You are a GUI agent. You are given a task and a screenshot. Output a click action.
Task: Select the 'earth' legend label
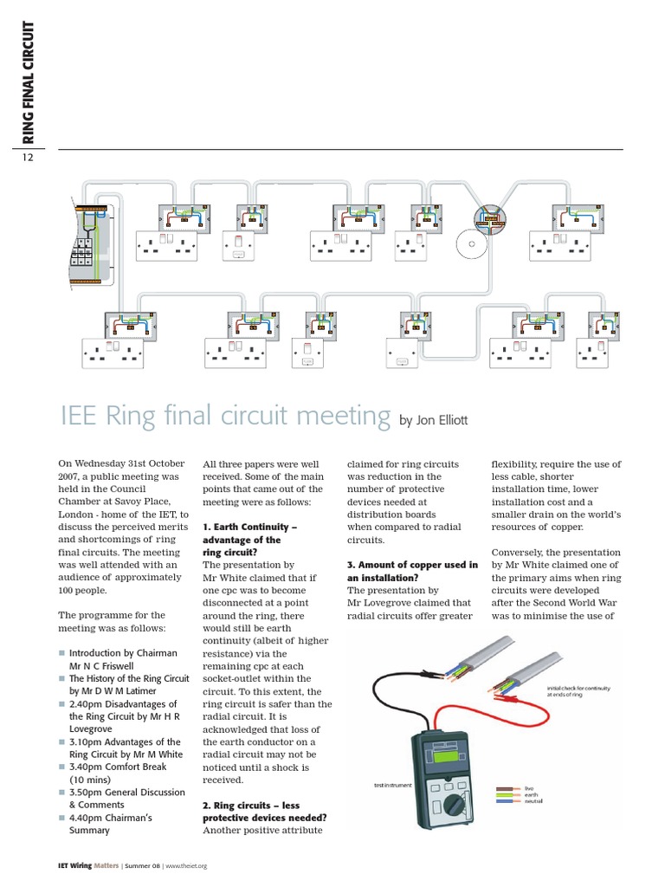pos(530,796)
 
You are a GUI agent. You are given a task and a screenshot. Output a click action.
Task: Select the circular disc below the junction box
pos(468,249)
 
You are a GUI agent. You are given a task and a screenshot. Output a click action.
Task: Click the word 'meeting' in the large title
pos(340,416)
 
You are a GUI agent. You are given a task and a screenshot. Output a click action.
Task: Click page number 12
pos(28,158)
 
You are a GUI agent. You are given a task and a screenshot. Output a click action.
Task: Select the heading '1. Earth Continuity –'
pos(249,527)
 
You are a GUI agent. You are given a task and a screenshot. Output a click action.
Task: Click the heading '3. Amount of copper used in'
pos(412,565)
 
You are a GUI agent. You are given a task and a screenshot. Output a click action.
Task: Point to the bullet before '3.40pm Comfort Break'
pos(61,767)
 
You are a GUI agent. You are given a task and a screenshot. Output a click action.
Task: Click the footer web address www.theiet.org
pos(185,865)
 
